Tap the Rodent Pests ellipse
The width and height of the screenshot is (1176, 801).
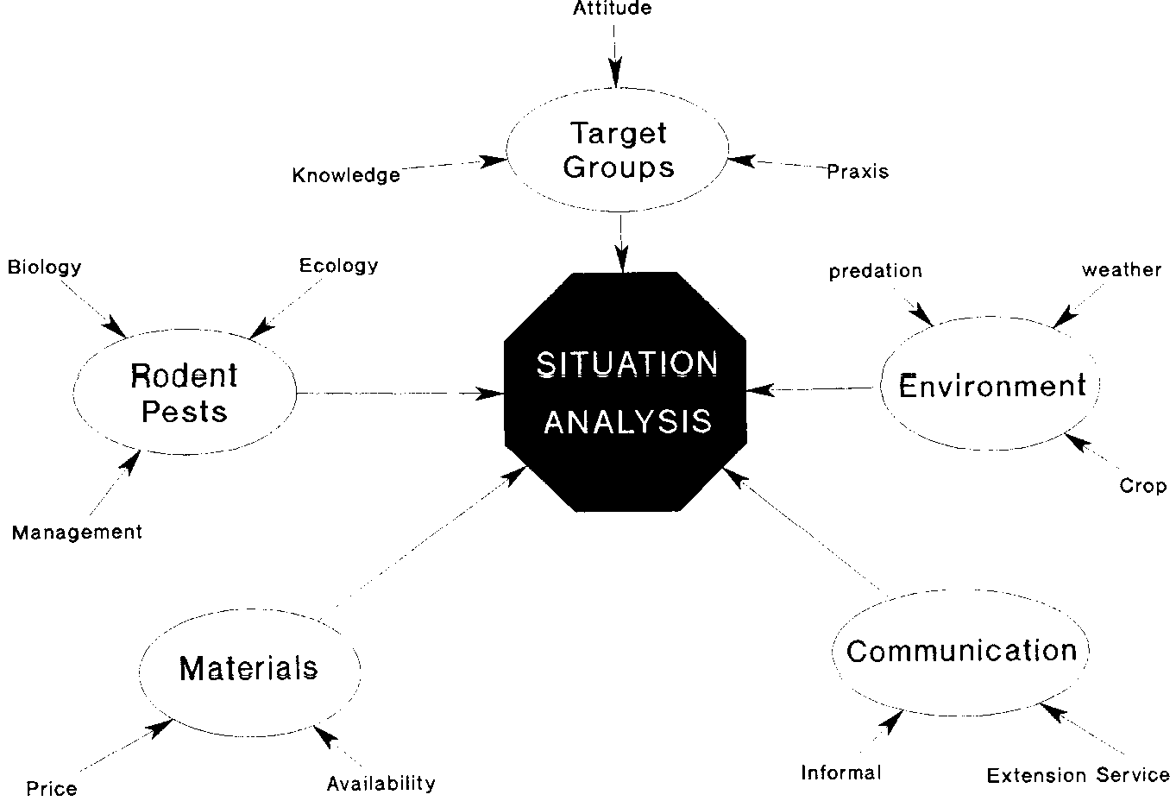(x=184, y=393)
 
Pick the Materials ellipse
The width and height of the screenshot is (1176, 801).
(x=249, y=668)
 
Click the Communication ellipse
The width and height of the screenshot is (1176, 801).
(x=960, y=651)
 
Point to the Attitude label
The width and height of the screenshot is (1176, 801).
(x=613, y=9)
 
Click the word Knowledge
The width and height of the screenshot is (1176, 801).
(x=346, y=175)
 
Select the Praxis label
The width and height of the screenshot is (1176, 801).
(x=857, y=172)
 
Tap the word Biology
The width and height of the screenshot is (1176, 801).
(x=44, y=266)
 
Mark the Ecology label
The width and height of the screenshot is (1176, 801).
(x=338, y=265)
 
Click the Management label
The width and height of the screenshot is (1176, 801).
(x=77, y=533)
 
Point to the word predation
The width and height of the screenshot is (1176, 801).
(x=875, y=271)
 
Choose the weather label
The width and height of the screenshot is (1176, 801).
(x=1122, y=270)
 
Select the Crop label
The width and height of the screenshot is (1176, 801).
(x=1142, y=486)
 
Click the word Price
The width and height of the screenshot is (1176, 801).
(x=51, y=788)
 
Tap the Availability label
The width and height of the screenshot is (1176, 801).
(x=380, y=784)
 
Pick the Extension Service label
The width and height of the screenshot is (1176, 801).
(x=1078, y=775)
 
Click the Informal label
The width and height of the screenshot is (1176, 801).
(x=841, y=773)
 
